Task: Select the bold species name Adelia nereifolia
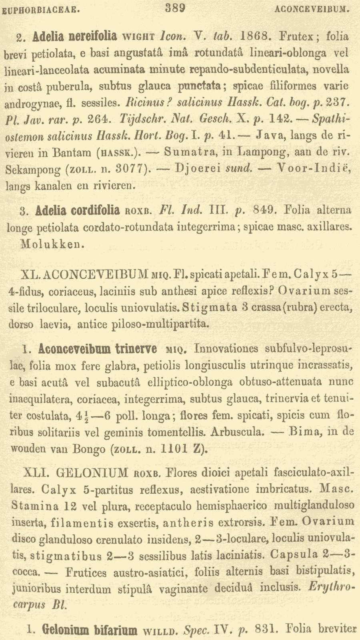(76, 36)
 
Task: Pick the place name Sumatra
(187, 152)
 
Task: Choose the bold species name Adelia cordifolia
(78, 210)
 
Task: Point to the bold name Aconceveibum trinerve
(98, 349)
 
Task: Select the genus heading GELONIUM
(92, 473)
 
